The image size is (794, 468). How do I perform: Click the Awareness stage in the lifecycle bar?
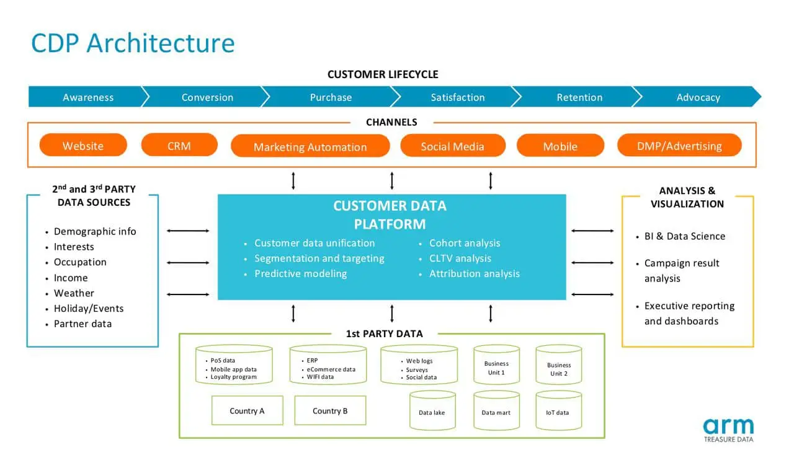pos(88,97)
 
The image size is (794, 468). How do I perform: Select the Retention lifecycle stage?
pos(579,97)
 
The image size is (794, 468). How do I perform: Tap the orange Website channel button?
pos(83,146)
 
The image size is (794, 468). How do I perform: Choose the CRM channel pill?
pos(179,146)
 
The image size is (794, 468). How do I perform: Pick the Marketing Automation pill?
pos(310,146)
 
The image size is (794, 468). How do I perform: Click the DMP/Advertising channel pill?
pos(679,146)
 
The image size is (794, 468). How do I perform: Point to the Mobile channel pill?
pos(560,146)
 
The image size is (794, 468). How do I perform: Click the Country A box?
pos(247,410)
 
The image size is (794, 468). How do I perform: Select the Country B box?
pos(330,410)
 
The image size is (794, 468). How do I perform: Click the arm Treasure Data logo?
pos(728,430)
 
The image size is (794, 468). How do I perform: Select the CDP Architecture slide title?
pos(133,43)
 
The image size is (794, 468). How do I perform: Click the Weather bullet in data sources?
pos(74,293)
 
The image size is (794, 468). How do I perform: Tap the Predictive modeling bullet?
pos(300,273)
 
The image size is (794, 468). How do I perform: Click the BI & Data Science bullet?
pos(684,236)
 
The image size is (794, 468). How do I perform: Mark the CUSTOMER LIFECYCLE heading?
pos(383,74)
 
